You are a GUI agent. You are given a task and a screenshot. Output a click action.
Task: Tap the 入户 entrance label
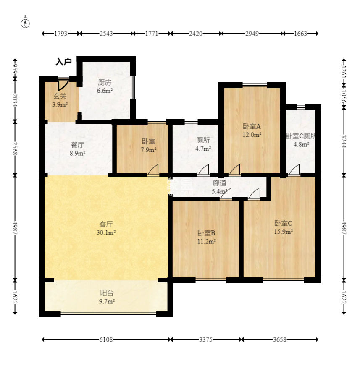tap(63, 62)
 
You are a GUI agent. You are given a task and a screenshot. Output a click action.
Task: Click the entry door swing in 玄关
tap(63, 84)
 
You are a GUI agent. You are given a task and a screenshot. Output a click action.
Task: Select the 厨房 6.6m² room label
tap(105, 86)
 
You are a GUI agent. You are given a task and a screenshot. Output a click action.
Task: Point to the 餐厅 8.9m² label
tap(78, 149)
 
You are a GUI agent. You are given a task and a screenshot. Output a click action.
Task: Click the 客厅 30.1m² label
tap(106, 228)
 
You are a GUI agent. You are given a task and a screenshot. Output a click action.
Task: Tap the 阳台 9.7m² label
tap(107, 297)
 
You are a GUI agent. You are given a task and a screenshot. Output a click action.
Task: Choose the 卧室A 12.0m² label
tap(252, 130)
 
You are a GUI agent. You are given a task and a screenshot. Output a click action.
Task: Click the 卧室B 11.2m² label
tap(206, 237)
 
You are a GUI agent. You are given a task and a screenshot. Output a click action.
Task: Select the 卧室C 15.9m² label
tap(283, 227)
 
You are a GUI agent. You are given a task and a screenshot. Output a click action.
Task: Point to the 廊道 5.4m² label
tap(220, 187)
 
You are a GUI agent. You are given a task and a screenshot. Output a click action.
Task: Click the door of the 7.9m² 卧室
tap(153, 170)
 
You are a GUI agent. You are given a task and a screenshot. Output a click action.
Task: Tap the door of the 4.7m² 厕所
tap(203, 170)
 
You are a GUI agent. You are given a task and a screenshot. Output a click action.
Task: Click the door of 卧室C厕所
tap(294, 170)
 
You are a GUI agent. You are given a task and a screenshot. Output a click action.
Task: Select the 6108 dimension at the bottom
tap(106, 339)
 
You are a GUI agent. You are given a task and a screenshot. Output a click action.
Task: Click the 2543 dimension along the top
tap(106, 34)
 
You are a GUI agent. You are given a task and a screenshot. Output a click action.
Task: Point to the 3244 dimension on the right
tap(344, 141)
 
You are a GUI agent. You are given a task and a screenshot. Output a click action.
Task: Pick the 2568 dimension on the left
tap(15, 149)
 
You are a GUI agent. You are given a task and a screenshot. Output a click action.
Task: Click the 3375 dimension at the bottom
tap(206, 339)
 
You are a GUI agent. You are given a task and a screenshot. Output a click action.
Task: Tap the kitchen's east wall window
tap(133, 87)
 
